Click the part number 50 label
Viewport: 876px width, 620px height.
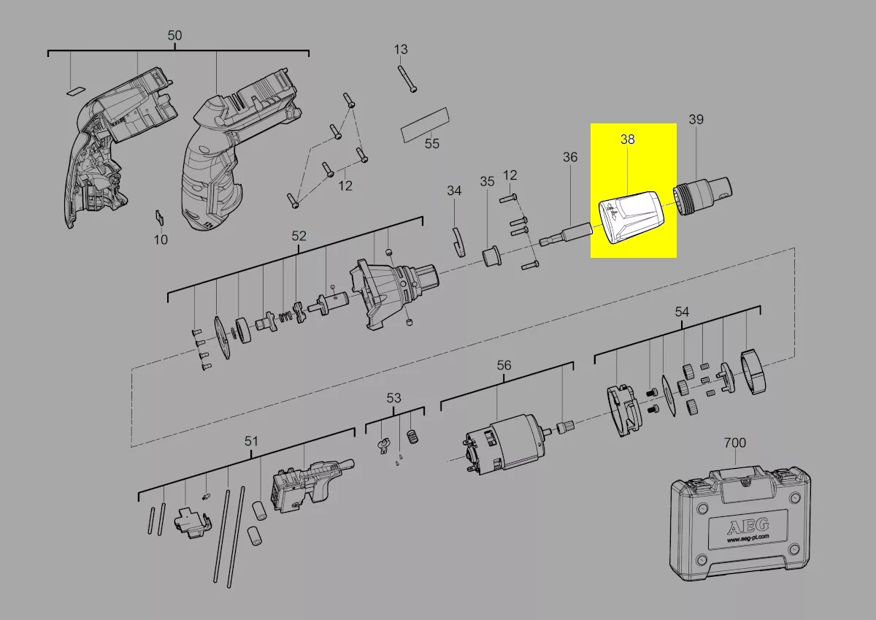pyautogui.click(x=175, y=36)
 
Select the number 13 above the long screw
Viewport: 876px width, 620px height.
pyautogui.click(x=401, y=50)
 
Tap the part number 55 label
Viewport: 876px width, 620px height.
pyautogui.click(x=432, y=144)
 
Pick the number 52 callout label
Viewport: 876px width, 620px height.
pyautogui.click(x=299, y=236)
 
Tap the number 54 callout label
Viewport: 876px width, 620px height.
pyautogui.click(x=682, y=312)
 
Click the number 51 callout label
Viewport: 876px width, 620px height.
pyautogui.click(x=251, y=441)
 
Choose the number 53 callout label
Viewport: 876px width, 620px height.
pyautogui.click(x=394, y=398)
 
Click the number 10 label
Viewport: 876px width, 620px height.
pyautogui.click(x=161, y=240)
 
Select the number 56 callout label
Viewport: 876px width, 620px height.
pyautogui.click(x=504, y=365)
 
